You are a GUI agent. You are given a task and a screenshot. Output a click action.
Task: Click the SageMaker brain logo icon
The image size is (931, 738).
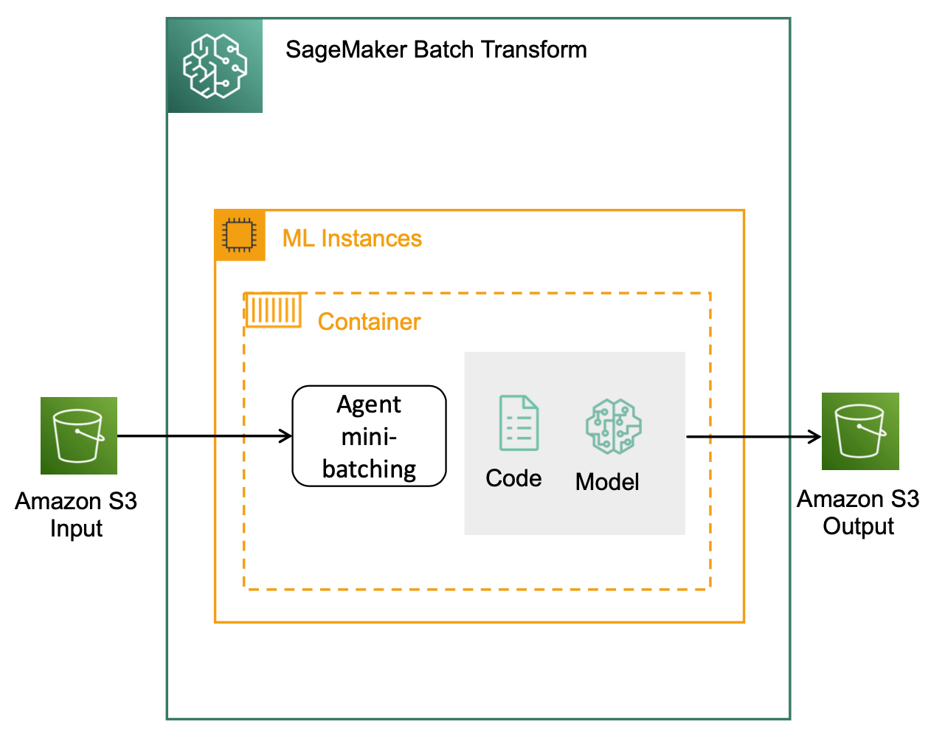[x=215, y=66]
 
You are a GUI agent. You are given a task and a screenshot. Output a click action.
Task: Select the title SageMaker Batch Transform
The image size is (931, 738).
[x=436, y=49]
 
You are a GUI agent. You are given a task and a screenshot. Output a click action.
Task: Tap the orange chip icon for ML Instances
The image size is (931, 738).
[x=240, y=235]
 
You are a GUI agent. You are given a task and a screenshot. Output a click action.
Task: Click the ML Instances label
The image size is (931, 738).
[x=352, y=238]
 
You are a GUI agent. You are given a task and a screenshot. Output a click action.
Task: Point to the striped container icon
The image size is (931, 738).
[x=273, y=310]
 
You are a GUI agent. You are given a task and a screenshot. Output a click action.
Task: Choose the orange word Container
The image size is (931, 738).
[x=369, y=322]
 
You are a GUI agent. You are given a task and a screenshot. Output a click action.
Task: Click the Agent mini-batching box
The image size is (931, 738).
[x=369, y=436]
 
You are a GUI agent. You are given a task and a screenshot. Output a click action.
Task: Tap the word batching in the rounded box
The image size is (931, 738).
[x=369, y=469]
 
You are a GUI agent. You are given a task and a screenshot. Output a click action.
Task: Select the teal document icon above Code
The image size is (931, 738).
[x=519, y=423]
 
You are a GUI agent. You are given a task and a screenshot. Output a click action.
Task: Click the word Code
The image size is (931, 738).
[x=513, y=478]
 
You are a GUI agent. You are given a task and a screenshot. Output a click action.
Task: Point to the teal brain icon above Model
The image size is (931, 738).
[x=614, y=427]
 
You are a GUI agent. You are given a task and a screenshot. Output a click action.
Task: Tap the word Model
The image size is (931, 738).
[x=607, y=482]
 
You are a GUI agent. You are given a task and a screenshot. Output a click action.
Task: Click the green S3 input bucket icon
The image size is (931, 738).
[x=79, y=435]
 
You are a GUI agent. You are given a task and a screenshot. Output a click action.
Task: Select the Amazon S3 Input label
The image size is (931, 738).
[x=76, y=514]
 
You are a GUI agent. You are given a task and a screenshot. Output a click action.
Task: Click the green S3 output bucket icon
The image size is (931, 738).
[x=860, y=431]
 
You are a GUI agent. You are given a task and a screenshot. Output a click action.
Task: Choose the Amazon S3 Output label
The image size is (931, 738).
[x=858, y=512]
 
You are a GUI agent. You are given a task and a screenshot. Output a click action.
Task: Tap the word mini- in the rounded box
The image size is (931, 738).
[x=369, y=437]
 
